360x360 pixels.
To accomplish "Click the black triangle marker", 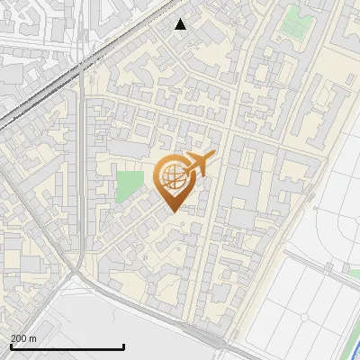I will pos(181,24).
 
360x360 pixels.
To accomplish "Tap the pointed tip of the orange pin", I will pos(172,211).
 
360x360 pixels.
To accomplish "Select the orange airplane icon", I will pos(199,165).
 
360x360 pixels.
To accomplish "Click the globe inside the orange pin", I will pos(171,178).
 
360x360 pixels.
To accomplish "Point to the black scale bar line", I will pos(67,347).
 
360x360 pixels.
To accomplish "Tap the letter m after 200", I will pos(33,338).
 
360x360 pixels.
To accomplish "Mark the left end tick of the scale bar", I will pos(10,346).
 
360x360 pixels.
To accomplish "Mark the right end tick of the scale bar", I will pos(123,346).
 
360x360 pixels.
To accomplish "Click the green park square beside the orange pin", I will pos(130,185).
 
